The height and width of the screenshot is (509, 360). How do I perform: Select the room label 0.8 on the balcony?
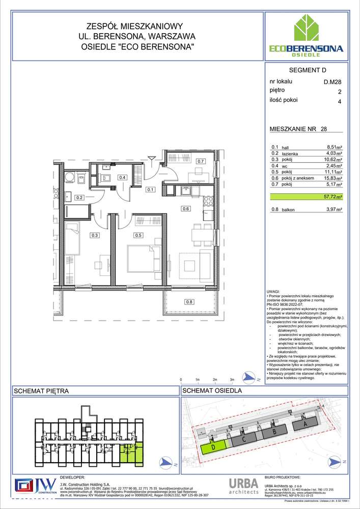[x=189, y=302]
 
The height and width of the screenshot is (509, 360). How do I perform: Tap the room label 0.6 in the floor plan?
[x=186, y=208]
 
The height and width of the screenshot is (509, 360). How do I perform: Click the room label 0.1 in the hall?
[x=150, y=190]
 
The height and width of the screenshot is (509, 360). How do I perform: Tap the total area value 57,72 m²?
[x=333, y=196]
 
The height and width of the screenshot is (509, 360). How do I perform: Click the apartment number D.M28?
[x=333, y=81]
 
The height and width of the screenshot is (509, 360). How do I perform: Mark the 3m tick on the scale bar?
[x=232, y=380]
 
